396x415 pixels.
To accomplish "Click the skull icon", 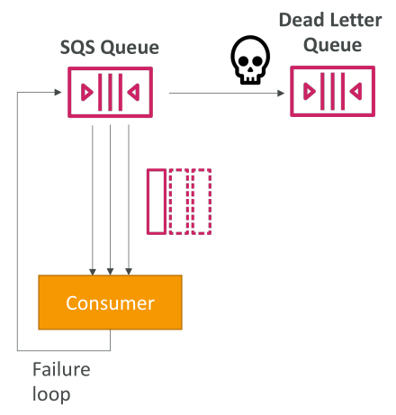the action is point(250,60).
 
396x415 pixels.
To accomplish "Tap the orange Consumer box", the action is point(110,302).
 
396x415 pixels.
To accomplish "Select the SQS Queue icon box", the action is point(110,92).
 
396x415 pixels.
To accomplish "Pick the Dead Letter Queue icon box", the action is point(332,91).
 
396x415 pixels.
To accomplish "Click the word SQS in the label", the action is point(77,48).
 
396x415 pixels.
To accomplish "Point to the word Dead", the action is point(301,21).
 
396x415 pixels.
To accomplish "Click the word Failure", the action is point(61,369).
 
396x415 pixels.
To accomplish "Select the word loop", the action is point(51,394).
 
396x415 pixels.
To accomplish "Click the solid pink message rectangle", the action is point(157,202).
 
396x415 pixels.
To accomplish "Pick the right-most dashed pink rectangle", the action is point(202,202).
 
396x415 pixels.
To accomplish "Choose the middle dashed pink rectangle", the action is point(179,202).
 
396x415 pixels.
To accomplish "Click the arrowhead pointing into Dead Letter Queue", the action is point(281,94).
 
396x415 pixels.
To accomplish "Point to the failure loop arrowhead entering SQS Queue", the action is point(58,92).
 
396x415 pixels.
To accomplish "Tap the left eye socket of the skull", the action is point(243,61).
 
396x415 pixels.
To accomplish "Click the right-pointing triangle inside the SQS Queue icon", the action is point(87,92).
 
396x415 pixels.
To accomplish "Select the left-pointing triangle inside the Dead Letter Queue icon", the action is point(355,91).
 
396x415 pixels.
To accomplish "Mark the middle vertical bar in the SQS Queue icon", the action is point(110,92).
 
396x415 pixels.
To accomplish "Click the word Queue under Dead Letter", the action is point(332,46).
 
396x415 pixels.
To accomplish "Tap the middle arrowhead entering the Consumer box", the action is point(110,271).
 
